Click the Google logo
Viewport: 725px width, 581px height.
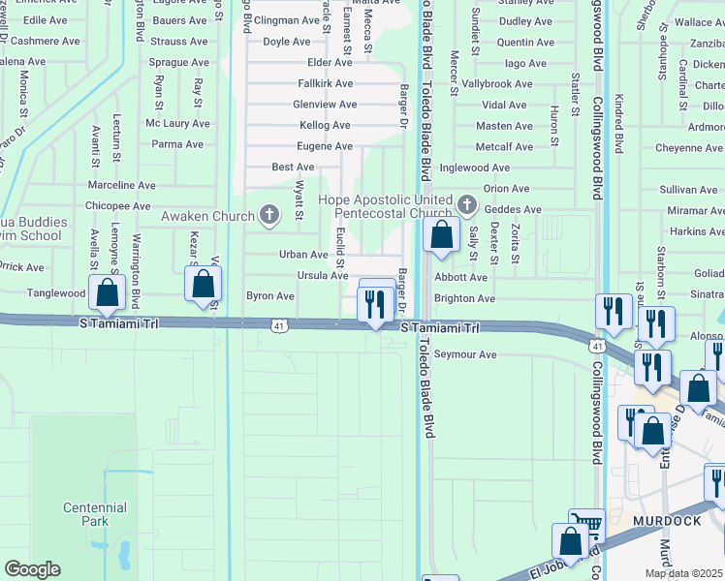32,568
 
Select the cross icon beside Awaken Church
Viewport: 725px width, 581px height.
268,215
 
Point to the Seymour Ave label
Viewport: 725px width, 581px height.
465,354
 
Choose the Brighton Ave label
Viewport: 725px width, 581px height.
464,299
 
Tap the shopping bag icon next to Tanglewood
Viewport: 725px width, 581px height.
108,290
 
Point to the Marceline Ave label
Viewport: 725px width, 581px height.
121,185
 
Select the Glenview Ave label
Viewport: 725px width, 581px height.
325,105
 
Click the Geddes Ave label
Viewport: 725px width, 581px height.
512,209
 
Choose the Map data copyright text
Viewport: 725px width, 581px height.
682,573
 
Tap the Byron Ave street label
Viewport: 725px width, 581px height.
270,295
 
